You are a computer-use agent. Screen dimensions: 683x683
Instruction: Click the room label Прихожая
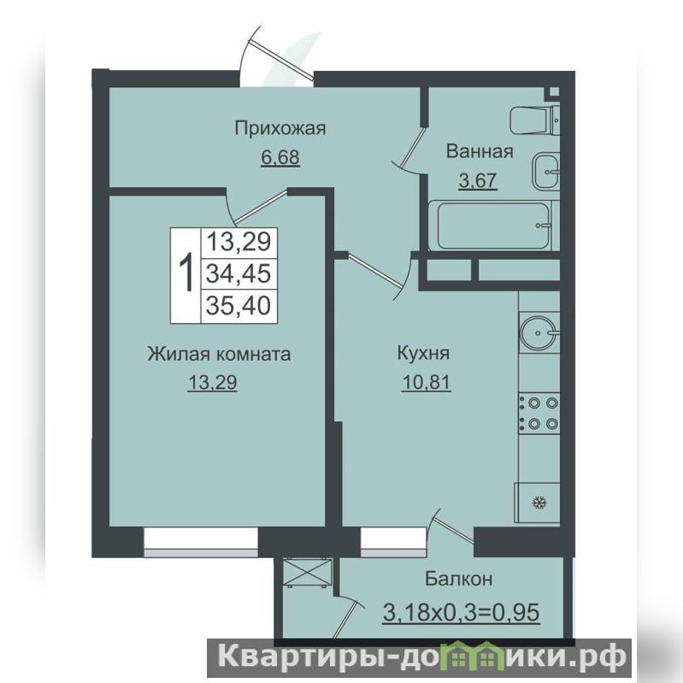(x=280, y=129)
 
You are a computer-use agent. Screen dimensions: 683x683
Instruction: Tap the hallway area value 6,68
(x=280, y=156)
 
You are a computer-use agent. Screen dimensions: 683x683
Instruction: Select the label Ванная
(x=480, y=151)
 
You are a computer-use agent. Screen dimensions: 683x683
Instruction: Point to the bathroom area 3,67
(x=478, y=180)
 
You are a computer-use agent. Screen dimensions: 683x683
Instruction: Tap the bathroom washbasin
(x=545, y=171)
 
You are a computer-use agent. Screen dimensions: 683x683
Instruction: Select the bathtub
(x=493, y=225)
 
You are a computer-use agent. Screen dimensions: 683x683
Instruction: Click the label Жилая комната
(x=219, y=354)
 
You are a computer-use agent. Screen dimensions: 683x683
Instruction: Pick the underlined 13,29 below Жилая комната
(x=212, y=382)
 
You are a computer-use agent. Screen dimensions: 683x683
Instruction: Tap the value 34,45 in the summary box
(x=238, y=274)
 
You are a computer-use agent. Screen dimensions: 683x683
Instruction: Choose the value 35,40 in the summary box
(x=238, y=305)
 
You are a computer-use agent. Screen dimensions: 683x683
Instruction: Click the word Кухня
(x=423, y=353)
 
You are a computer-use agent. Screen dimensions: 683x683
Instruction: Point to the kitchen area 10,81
(x=426, y=382)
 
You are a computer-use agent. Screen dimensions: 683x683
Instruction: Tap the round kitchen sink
(x=539, y=333)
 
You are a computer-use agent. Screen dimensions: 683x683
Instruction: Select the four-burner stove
(x=539, y=413)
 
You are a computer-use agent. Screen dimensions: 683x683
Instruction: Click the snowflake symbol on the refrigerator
(x=539, y=503)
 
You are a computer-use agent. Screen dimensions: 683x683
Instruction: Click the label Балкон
(x=459, y=579)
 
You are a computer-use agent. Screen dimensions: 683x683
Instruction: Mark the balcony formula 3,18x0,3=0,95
(x=462, y=611)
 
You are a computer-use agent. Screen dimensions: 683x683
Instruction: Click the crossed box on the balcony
(x=307, y=573)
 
